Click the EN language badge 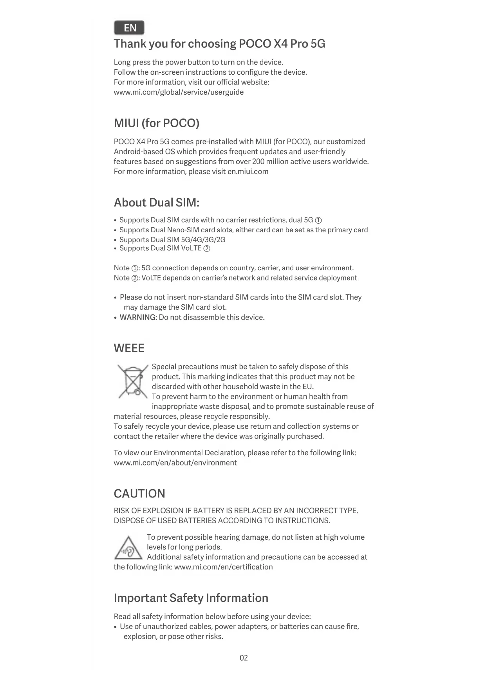(129, 28)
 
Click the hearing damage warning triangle (128, 548)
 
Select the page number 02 (244, 658)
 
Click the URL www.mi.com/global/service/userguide (179, 92)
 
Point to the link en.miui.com (248, 172)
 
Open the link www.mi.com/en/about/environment (175, 463)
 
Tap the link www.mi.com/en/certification (223, 567)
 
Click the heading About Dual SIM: (157, 203)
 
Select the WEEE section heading (129, 348)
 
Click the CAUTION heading (139, 494)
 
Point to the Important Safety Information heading (191, 598)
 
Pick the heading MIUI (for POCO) (157, 123)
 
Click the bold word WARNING (137, 318)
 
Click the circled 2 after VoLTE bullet (207, 248)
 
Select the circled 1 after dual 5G (318, 220)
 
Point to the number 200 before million (258, 162)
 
